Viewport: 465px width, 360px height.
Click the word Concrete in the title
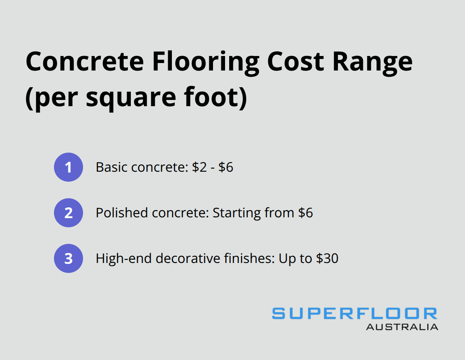coord(85,61)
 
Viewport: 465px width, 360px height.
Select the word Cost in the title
coord(295,62)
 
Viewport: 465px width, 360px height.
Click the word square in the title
coord(131,99)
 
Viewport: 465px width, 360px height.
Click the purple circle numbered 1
coord(69,167)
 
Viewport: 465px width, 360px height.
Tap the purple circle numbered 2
coord(69,213)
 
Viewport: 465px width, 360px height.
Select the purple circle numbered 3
coord(69,258)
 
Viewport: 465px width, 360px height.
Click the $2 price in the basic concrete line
coord(199,167)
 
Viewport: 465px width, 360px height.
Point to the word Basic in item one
coord(112,167)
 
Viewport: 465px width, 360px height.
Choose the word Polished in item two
coord(122,213)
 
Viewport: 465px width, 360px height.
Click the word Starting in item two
coord(237,214)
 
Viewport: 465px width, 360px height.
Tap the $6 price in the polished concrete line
coord(306,213)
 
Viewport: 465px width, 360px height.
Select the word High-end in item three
coord(124,258)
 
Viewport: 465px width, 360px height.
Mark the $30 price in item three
coord(327,258)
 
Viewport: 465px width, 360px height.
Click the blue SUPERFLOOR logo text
coord(355,314)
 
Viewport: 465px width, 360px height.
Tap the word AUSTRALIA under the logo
coord(402,327)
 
